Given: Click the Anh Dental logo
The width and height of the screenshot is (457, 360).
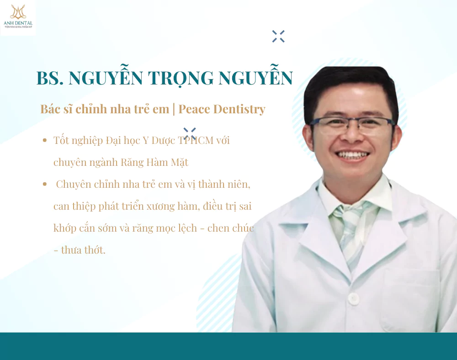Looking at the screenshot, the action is coord(18,16).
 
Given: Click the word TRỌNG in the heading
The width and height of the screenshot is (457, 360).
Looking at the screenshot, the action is coord(181,79).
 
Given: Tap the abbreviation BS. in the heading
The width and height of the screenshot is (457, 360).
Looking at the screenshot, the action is coord(50,78).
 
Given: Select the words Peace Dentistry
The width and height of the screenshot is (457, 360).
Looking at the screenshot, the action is coord(222,109).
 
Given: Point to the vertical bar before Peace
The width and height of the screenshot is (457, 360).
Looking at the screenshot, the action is coord(174,109).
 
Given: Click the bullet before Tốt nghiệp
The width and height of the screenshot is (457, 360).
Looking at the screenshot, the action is coord(45,140).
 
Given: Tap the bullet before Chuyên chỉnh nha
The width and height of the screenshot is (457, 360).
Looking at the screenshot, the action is coord(45,184).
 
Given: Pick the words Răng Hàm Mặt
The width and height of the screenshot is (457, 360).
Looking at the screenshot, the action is coord(154,162).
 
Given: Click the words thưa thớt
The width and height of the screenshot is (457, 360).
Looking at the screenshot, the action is coord(83,250).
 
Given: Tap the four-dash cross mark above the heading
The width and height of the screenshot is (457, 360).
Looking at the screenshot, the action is coord(278,37).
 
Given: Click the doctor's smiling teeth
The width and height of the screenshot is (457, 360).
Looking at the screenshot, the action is coord(352,154).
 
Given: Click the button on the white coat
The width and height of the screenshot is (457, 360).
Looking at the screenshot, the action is coord(354,298).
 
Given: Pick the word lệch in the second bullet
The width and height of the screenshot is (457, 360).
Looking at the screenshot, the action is coord(187,228).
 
